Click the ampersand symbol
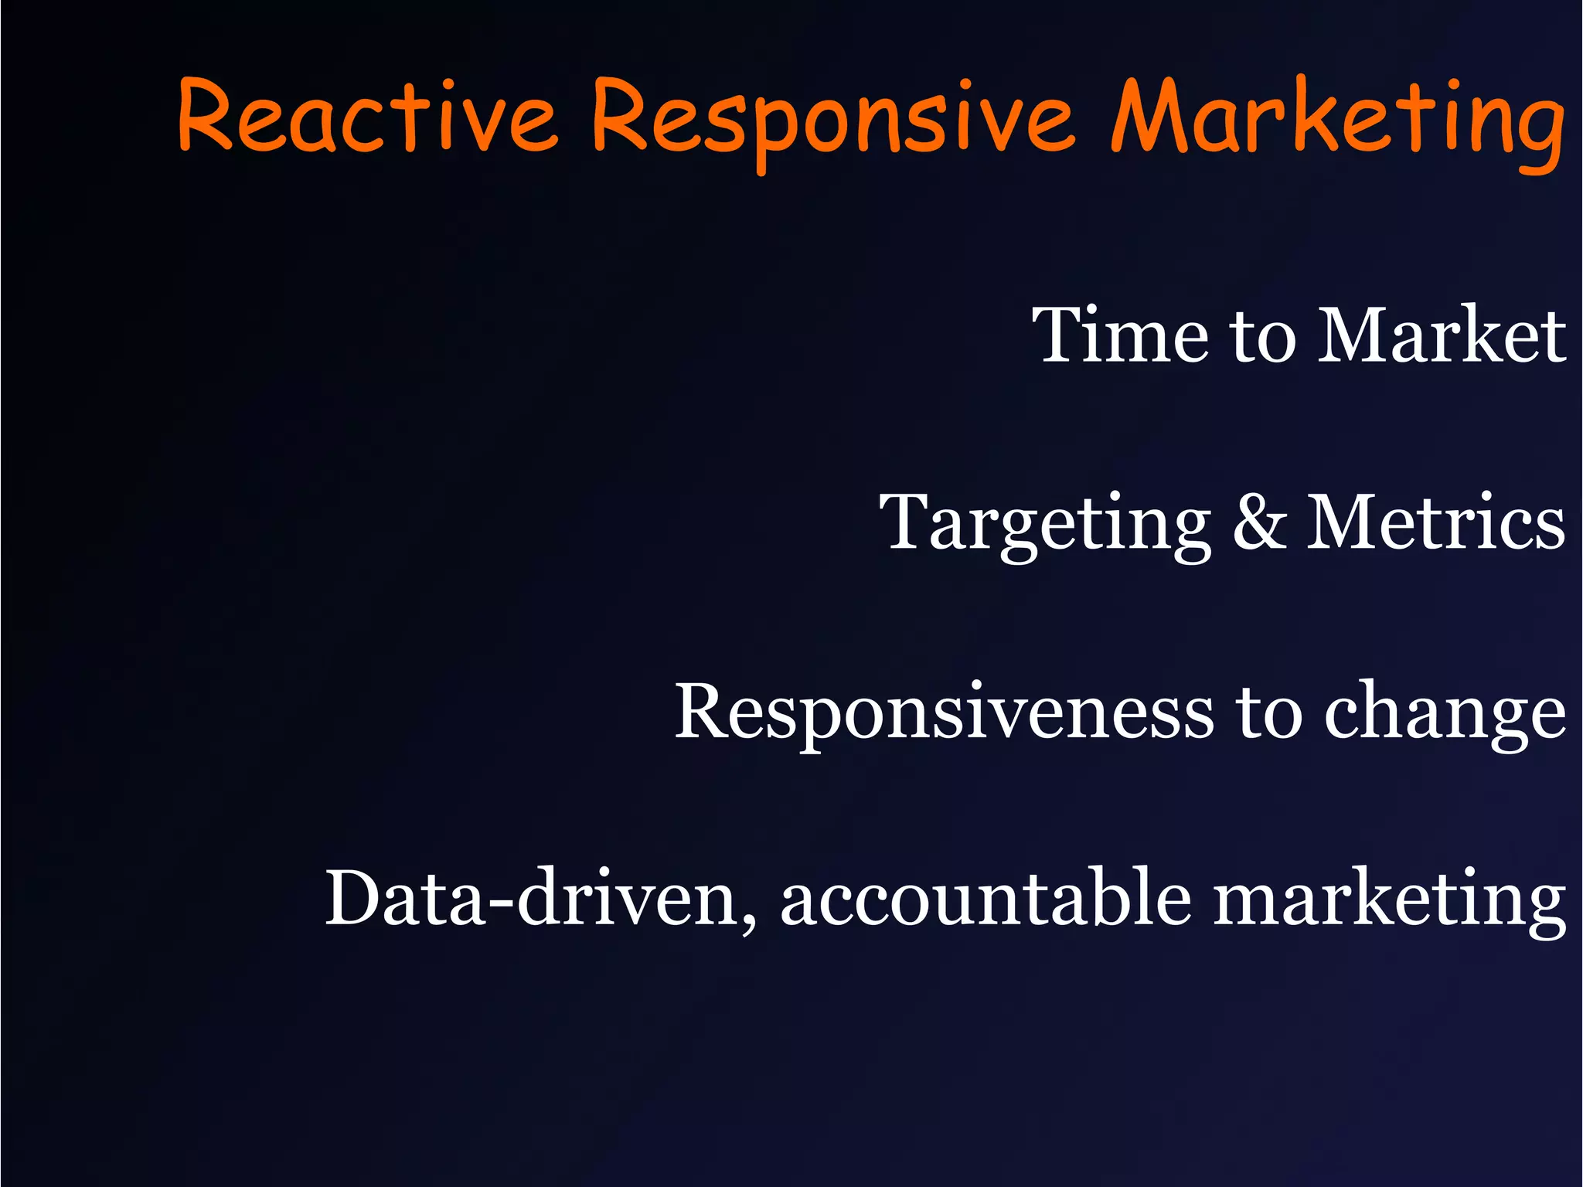(x=1259, y=522)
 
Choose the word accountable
(x=986, y=896)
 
